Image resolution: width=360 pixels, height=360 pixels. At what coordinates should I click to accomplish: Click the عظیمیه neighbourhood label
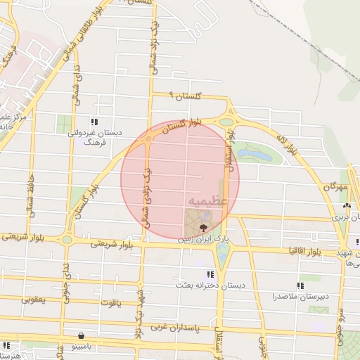[x=207, y=200]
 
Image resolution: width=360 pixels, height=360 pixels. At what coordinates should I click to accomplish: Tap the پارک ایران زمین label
[x=203, y=239]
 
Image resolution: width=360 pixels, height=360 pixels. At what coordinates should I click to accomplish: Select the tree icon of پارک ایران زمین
[x=203, y=227]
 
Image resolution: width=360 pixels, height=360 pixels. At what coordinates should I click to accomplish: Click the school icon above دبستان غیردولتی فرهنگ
[x=95, y=121]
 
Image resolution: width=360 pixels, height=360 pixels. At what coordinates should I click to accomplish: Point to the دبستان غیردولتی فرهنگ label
[x=94, y=136]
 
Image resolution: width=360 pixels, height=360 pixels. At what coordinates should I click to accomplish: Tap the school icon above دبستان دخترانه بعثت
[x=209, y=274]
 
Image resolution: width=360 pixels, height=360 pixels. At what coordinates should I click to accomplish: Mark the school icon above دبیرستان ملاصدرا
[x=301, y=285]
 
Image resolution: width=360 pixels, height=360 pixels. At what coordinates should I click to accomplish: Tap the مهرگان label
[x=336, y=188]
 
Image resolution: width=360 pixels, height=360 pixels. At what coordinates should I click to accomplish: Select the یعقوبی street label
[x=33, y=300]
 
